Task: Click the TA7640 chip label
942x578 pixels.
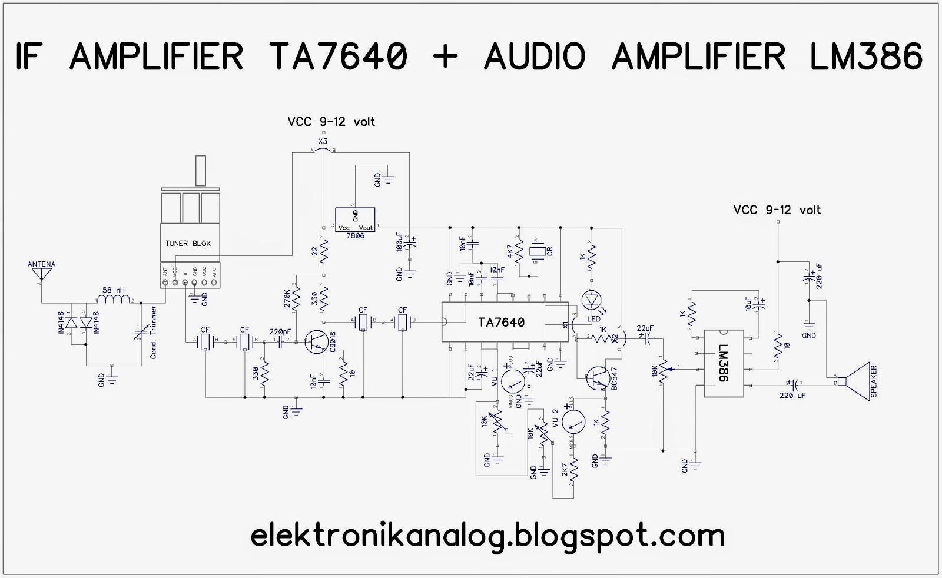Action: pyautogui.click(x=501, y=323)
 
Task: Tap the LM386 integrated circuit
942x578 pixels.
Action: pyautogui.click(x=724, y=363)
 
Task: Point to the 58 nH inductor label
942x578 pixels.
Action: pyautogui.click(x=114, y=290)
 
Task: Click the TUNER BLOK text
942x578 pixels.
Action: pyautogui.click(x=188, y=244)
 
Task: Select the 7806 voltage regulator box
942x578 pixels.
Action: pyautogui.click(x=355, y=220)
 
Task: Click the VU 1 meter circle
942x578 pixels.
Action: pyautogui.click(x=513, y=381)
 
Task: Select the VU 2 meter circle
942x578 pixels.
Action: pyautogui.click(x=574, y=421)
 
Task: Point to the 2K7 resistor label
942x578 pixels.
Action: pyautogui.click(x=565, y=476)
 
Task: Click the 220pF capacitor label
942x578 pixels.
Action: pyautogui.click(x=280, y=331)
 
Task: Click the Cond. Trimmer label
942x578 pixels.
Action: pyautogui.click(x=154, y=332)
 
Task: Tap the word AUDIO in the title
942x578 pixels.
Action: pyautogui.click(x=535, y=57)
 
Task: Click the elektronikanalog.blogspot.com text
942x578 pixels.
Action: pyautogui.click(x=487, y=536)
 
